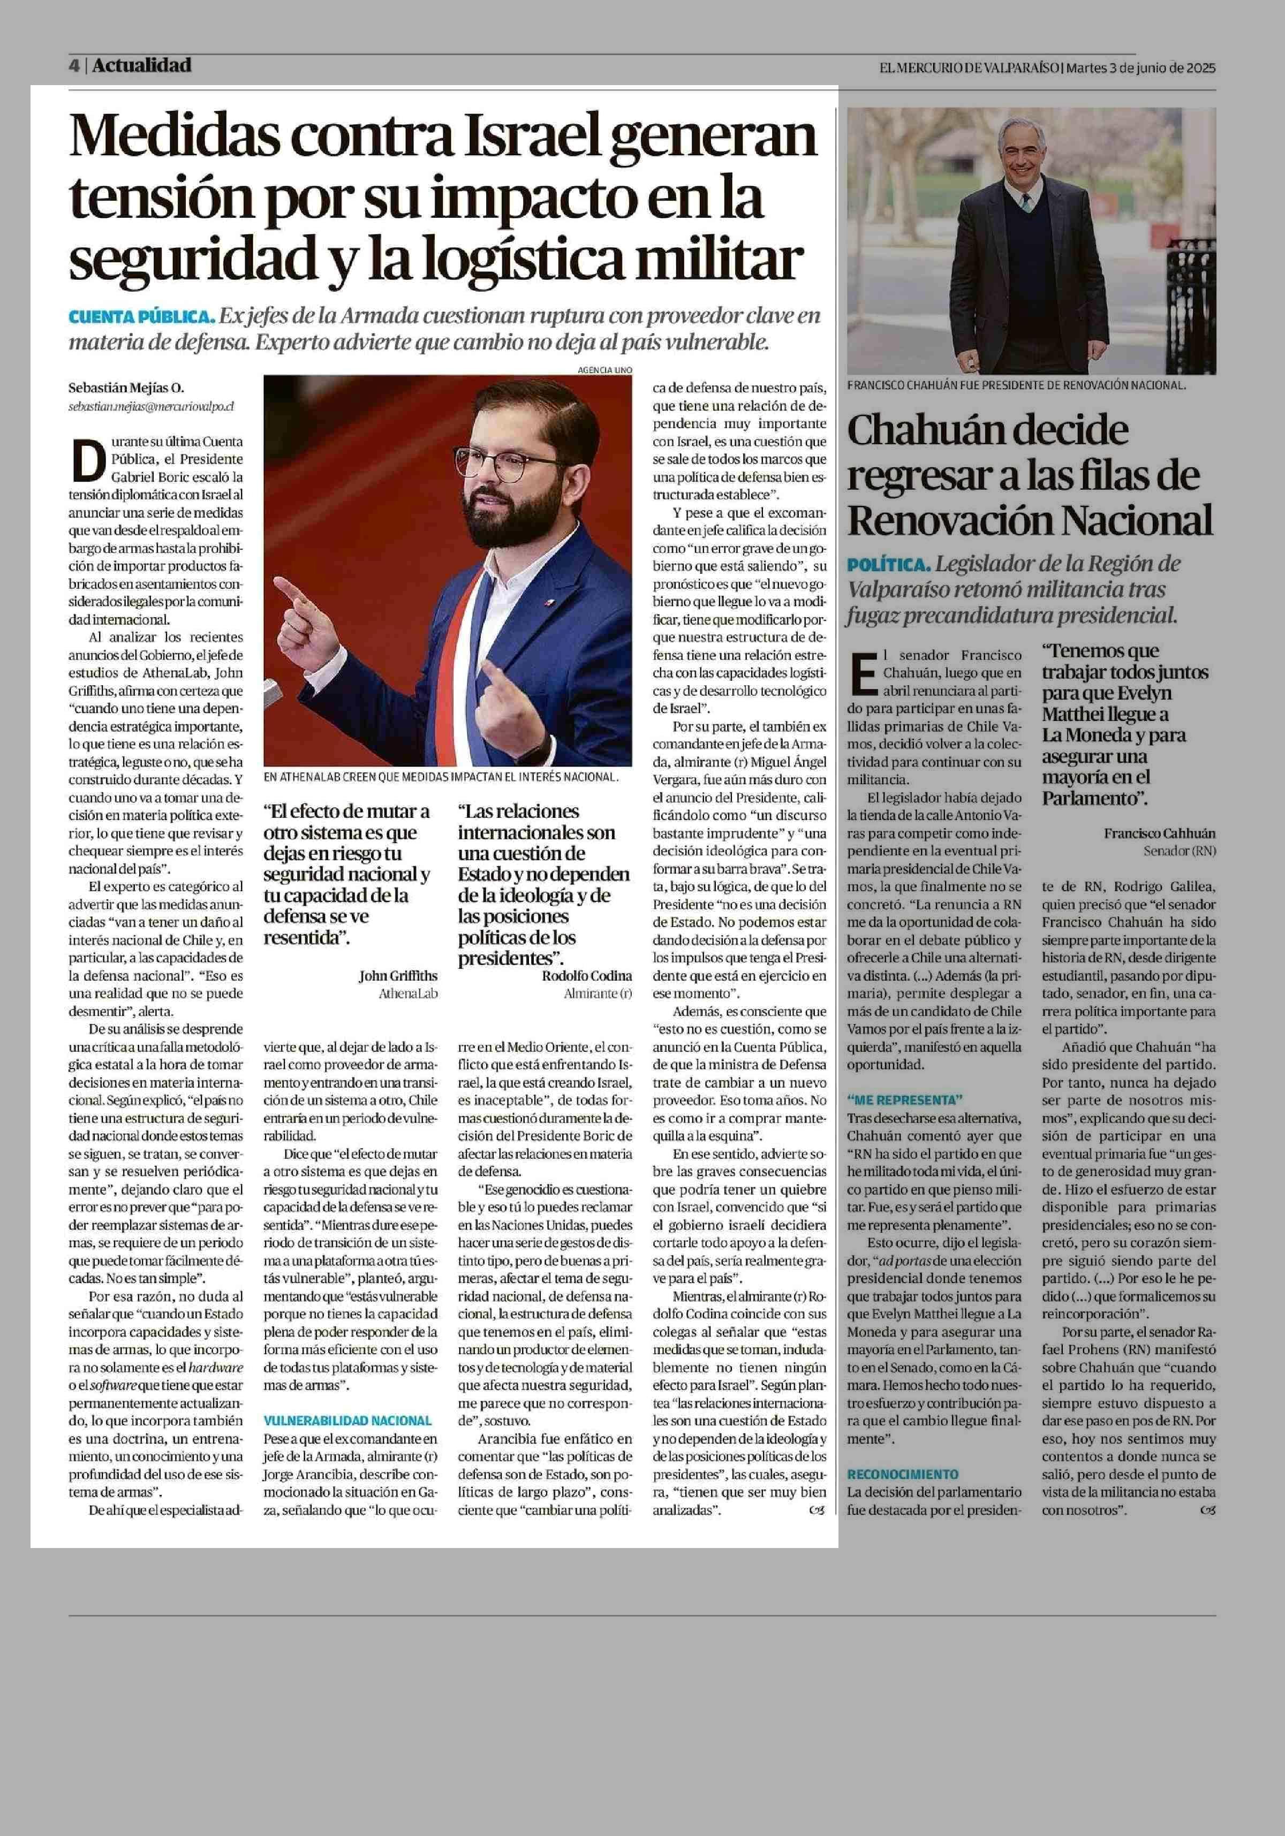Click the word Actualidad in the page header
[x=141, y=65]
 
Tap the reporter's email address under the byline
[x=151, y=406]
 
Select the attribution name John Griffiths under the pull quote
[x=398, y=976]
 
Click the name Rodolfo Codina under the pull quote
[x=587, y=976]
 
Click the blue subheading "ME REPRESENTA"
[x=905, y=1099]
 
